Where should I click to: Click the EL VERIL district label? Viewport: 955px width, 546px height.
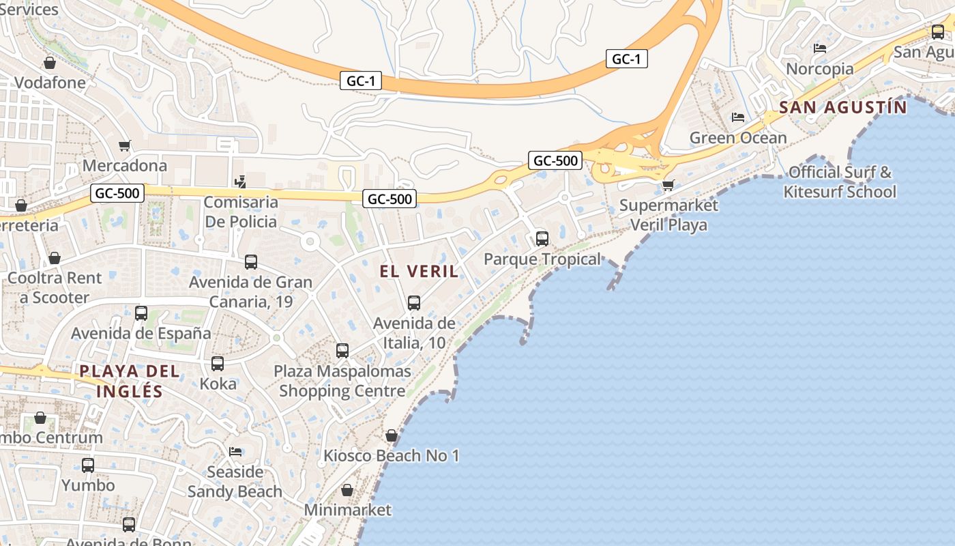(x=419, y=271)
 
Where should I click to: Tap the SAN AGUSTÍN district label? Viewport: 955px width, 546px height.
(x=843, y=107)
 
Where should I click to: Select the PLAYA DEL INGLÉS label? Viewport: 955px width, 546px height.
(x=130, y=381)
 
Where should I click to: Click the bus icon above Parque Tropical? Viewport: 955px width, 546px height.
(x=542, y=239)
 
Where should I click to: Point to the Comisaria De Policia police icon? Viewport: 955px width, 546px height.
(x=239, y=182)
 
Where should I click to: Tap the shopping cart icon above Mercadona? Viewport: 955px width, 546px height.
(x=124, y=145)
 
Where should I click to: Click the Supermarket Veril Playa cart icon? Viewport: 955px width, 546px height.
(x=668, y=185)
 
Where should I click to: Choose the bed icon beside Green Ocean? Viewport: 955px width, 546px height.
(x=738, y=117)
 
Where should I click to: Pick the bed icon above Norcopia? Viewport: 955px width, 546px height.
(x=820, y=48)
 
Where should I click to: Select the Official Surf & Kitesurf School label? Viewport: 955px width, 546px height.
(x=840, y=182)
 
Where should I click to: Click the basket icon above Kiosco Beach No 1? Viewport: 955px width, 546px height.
(x=392, y=435)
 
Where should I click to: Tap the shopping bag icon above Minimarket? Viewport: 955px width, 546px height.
(x=347, y=490)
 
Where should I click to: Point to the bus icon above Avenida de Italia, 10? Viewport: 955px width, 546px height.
(x=414, y=303)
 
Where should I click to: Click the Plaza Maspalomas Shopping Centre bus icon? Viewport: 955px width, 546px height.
(x=342, y=351)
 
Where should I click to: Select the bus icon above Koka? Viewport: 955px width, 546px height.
(x=218, y=364)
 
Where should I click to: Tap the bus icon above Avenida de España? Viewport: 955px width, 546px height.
(x=141, y=313)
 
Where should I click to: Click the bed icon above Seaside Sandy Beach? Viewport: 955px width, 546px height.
(x=235, y=452)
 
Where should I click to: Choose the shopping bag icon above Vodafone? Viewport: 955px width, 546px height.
(x=50, y=63)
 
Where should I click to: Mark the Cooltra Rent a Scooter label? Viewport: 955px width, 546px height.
(x=55, y=287)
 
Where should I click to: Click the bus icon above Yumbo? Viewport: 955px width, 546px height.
(x=88, y=465)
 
